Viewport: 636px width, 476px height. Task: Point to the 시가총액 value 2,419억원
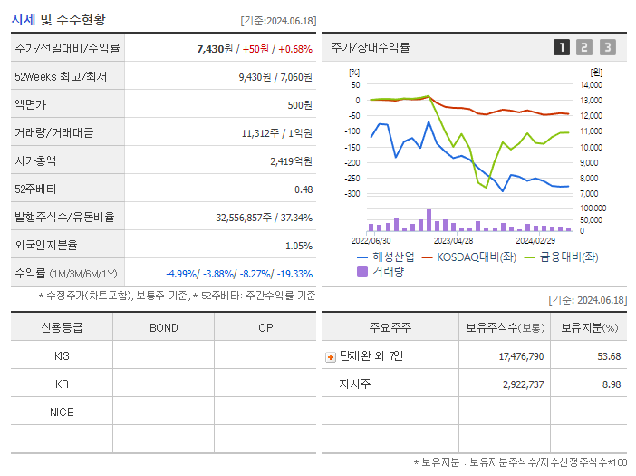point(291,161)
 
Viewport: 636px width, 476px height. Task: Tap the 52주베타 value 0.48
point(303,189)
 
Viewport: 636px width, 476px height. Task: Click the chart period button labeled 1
point(562,48)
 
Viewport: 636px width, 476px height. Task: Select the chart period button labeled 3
point(607,48)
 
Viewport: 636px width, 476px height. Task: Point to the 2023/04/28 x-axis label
point(453,241)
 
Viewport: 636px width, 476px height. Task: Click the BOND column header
point(163,328)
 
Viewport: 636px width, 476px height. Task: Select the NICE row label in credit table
point(62,413)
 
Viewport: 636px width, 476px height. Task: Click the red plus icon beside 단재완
point(331,357)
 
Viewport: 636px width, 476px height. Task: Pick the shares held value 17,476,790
point(521,356)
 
